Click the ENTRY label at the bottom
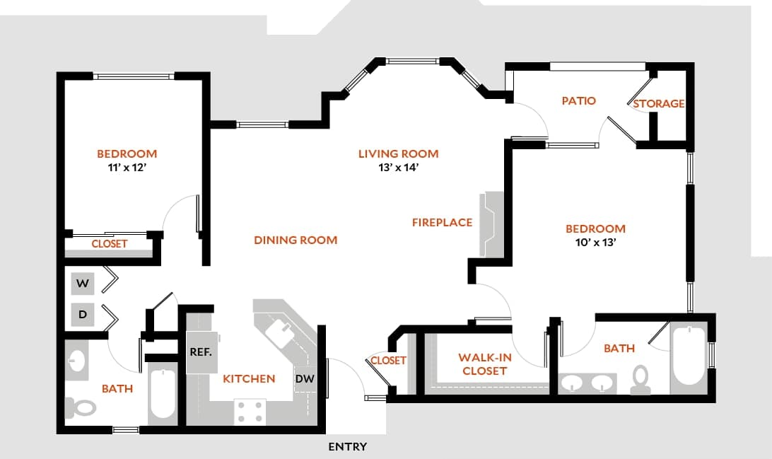(x=348, y=446)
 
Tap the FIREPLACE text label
(x=442, y=222)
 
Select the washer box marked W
(x=83, y=284)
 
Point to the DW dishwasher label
(x=304, y=378)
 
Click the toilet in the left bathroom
(x=81, y=407)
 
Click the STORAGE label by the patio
(x=658, y=103)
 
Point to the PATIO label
(x=578, y=100)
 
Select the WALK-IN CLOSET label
(x=484, y=364)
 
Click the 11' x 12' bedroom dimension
(x=127, y=168)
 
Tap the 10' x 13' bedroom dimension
(x=595, y=243)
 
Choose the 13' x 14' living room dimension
(x=398, y=168)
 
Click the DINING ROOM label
(x=296, y=240)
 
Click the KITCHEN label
(x=249, y=378)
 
